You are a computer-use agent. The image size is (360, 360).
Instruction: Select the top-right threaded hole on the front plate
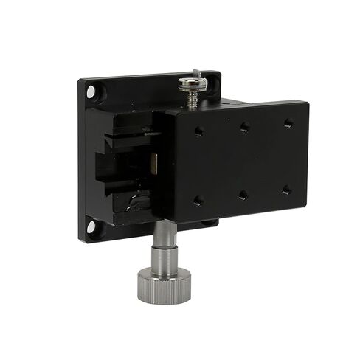tap(288, 122)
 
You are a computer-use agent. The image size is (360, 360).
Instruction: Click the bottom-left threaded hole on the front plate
tap(198, 200)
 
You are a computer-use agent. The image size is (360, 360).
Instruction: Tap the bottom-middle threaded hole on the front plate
tap(243, 195)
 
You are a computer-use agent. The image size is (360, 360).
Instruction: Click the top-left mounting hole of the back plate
tap(92, 92)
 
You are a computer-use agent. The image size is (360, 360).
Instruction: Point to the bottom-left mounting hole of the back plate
tap(91, 226)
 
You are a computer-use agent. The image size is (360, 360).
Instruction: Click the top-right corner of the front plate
tap(308, 101)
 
